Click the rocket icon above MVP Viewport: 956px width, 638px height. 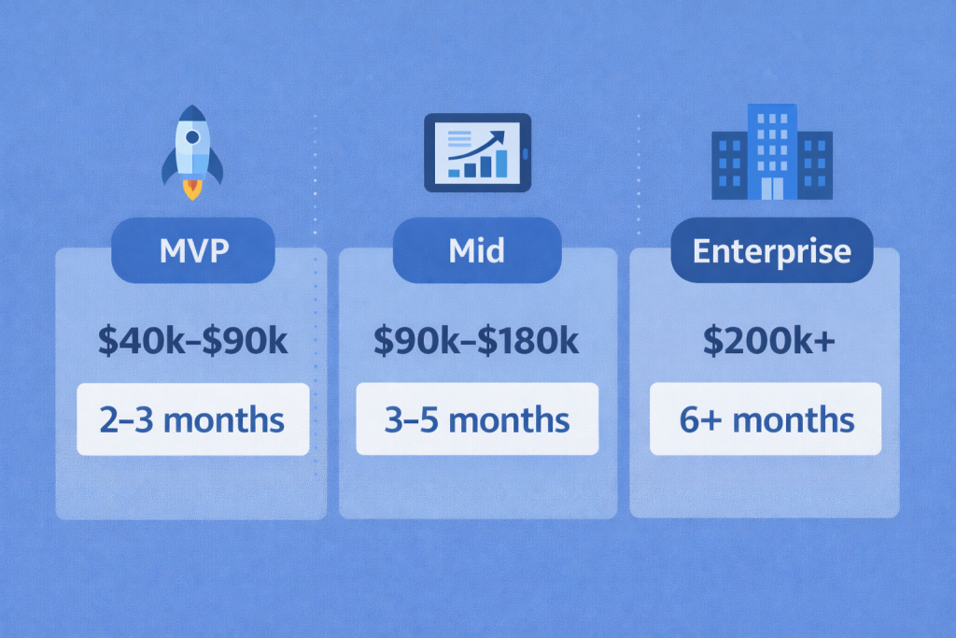192,149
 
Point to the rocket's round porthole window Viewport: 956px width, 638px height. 192,137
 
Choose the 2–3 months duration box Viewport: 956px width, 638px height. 192,419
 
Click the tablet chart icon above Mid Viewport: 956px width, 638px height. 477,153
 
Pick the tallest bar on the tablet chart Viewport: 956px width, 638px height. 501,163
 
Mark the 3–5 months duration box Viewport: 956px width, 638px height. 477,419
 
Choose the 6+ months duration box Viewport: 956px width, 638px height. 766,419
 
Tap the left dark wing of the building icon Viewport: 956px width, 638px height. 727,165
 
